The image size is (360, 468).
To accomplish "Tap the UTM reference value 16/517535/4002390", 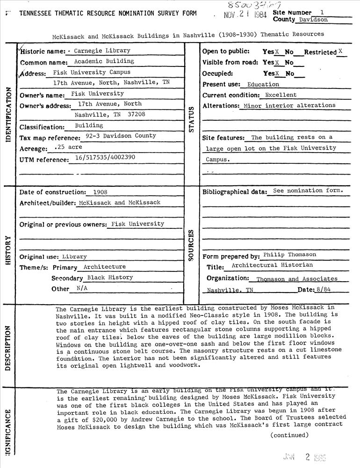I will (x=105, y=157).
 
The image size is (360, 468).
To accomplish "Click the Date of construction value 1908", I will (x=100, y=192).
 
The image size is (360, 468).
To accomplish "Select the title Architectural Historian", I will (x=272, y=265).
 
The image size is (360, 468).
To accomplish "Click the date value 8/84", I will (x=324, y=290).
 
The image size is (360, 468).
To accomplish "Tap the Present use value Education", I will (x=263, y=85).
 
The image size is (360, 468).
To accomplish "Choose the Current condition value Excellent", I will (x=281, y=95).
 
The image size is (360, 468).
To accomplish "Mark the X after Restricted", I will (x=340, y=51).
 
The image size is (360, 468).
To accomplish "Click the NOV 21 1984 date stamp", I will (x=246, y=15).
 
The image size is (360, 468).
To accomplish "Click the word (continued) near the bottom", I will (x=289, y=435).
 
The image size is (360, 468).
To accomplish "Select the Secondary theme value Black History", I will (x=110, y=277).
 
